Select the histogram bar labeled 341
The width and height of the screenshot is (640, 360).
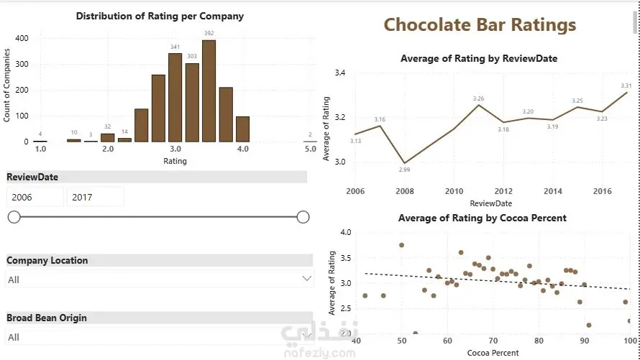point(175,97)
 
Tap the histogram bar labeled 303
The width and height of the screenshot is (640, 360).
point(192,102)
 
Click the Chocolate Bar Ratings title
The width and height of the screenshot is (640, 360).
point(480,25)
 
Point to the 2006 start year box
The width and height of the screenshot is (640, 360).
point(35,197)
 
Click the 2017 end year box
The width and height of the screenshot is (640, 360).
point(94,197)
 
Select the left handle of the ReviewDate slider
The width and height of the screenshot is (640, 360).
point(14,217)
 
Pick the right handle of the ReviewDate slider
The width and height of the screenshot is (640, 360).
point(303,217)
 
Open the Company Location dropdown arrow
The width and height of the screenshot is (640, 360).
point(307,279)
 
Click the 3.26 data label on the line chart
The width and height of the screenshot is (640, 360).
point(479,98)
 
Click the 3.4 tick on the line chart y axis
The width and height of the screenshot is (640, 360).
point(340,73)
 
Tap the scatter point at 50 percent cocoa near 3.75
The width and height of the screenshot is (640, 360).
point(401,245)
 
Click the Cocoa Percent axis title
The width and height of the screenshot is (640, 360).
point(493,353)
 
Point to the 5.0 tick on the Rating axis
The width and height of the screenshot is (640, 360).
point(310,149)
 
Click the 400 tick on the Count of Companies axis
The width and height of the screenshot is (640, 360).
point(22,38)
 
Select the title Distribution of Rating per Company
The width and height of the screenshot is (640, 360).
point(160,16)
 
